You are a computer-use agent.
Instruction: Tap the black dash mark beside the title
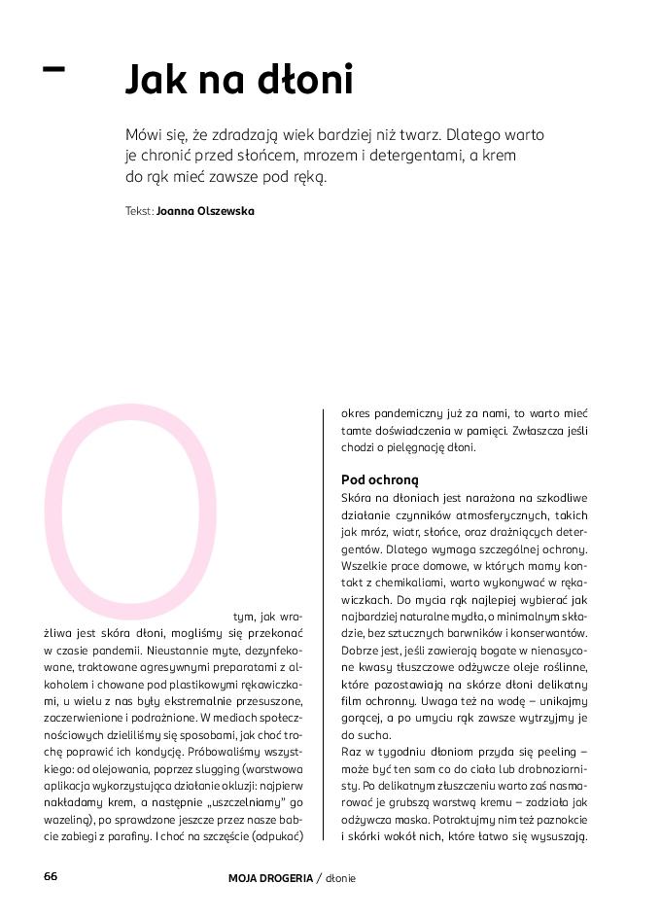54,69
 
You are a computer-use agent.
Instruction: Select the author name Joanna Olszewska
205,210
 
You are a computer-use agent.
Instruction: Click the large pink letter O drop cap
131,505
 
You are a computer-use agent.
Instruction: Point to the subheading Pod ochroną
379,479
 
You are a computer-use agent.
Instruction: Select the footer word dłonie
341,878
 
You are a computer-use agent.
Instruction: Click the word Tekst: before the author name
139,210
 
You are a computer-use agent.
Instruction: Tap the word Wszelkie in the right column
364,566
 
